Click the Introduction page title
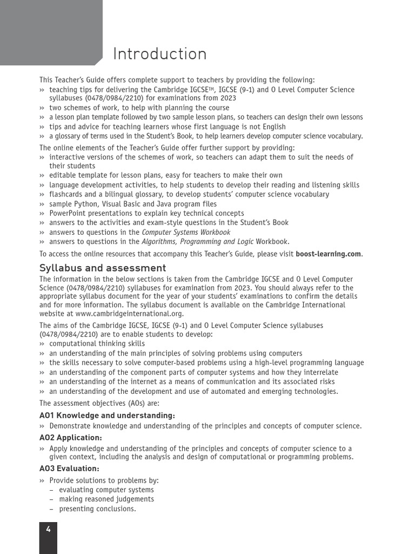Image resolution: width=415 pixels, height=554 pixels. [159, 54]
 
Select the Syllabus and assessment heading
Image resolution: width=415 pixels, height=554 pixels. [103, 268]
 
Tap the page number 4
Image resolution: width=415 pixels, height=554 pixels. [48, 530]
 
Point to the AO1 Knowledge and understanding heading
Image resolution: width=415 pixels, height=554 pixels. [107, 415]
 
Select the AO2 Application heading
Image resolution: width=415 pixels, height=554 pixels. [71, 437]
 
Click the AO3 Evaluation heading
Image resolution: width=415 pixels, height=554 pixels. [69, 469]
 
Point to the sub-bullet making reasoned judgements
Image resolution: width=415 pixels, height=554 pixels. [106, 499]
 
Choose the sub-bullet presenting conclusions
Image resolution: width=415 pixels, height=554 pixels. [97, 509]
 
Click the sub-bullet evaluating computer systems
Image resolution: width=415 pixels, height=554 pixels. [106, 490]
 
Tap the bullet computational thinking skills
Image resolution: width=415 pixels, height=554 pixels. [97, 344]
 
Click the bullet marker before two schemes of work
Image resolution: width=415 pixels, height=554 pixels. [42, 108]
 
